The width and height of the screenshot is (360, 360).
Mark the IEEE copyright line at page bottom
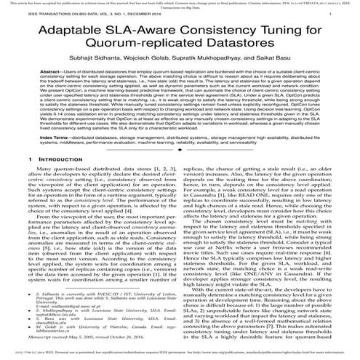[x=180, y=350]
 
